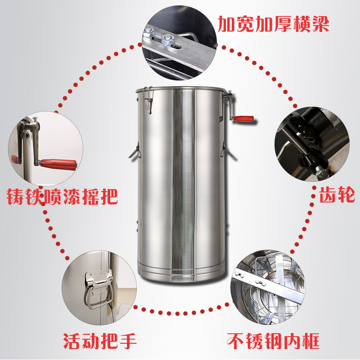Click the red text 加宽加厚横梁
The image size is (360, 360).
pos(273,24)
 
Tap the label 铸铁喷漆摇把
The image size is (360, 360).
pos(62,197)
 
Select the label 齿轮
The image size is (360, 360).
pos(337,194)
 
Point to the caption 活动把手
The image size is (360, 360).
pos(100,341)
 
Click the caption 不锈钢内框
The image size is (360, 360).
pos(273,341)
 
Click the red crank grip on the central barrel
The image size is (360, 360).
pos(244,118)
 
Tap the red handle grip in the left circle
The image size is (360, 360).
pos(58,164)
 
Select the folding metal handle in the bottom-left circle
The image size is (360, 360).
pos(99,289)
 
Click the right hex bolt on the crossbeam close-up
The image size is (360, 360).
pos(167,40)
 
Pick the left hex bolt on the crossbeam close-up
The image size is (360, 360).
pos(149,32)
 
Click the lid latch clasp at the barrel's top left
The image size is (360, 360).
pos(148,100)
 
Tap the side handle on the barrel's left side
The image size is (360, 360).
pos(135,150)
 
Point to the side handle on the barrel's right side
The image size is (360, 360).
pos(227,150)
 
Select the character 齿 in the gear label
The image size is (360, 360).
pos(328,194)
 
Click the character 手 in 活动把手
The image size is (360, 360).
pos(128,341)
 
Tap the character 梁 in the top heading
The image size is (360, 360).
pos(320,24)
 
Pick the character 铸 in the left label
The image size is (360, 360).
pos(15,197)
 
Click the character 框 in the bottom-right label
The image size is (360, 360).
pos(311,341)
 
